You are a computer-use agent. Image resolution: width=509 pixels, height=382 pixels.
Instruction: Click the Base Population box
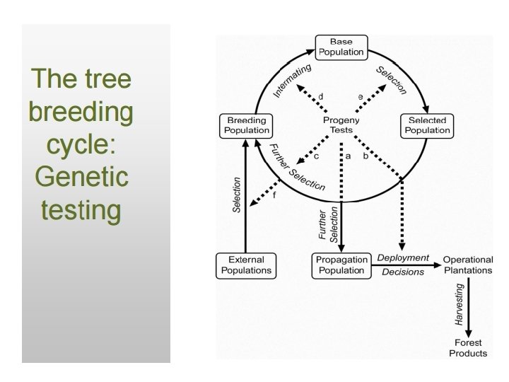pos(341,47)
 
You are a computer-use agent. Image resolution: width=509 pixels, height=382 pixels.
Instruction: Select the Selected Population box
pos(427,125)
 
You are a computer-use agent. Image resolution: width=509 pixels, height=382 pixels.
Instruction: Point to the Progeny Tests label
pos(341,125)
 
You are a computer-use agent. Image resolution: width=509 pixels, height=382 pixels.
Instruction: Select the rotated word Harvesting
pos(460,304)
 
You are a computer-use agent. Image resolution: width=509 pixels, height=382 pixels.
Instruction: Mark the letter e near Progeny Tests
pos(361,95)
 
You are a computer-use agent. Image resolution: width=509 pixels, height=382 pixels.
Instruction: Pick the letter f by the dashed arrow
pos(274,195)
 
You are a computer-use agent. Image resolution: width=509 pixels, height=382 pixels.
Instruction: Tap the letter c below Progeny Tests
pos(316,156)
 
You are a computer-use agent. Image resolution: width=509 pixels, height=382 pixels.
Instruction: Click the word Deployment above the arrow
pos(404,257)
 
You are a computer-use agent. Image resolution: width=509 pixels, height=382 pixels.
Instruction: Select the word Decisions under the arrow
pos(403,272)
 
